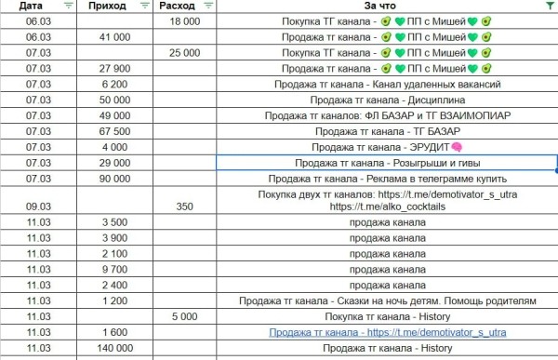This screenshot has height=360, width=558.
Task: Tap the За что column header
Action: tap(375, 7)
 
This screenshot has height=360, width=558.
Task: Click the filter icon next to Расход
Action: tap(206, 7)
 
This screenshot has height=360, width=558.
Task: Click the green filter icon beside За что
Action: tap(550, 7)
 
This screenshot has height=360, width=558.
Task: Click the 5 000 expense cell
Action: tap(185, 316)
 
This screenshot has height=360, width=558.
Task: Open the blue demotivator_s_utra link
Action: tap(387, 332)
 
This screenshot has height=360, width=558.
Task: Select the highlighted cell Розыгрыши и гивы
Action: tap(387, 163)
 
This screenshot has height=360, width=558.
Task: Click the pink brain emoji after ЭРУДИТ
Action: tap(458, 147)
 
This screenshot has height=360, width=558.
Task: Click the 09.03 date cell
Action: tap(39, 207)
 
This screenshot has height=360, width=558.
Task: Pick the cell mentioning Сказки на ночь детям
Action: tap(387, 300)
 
